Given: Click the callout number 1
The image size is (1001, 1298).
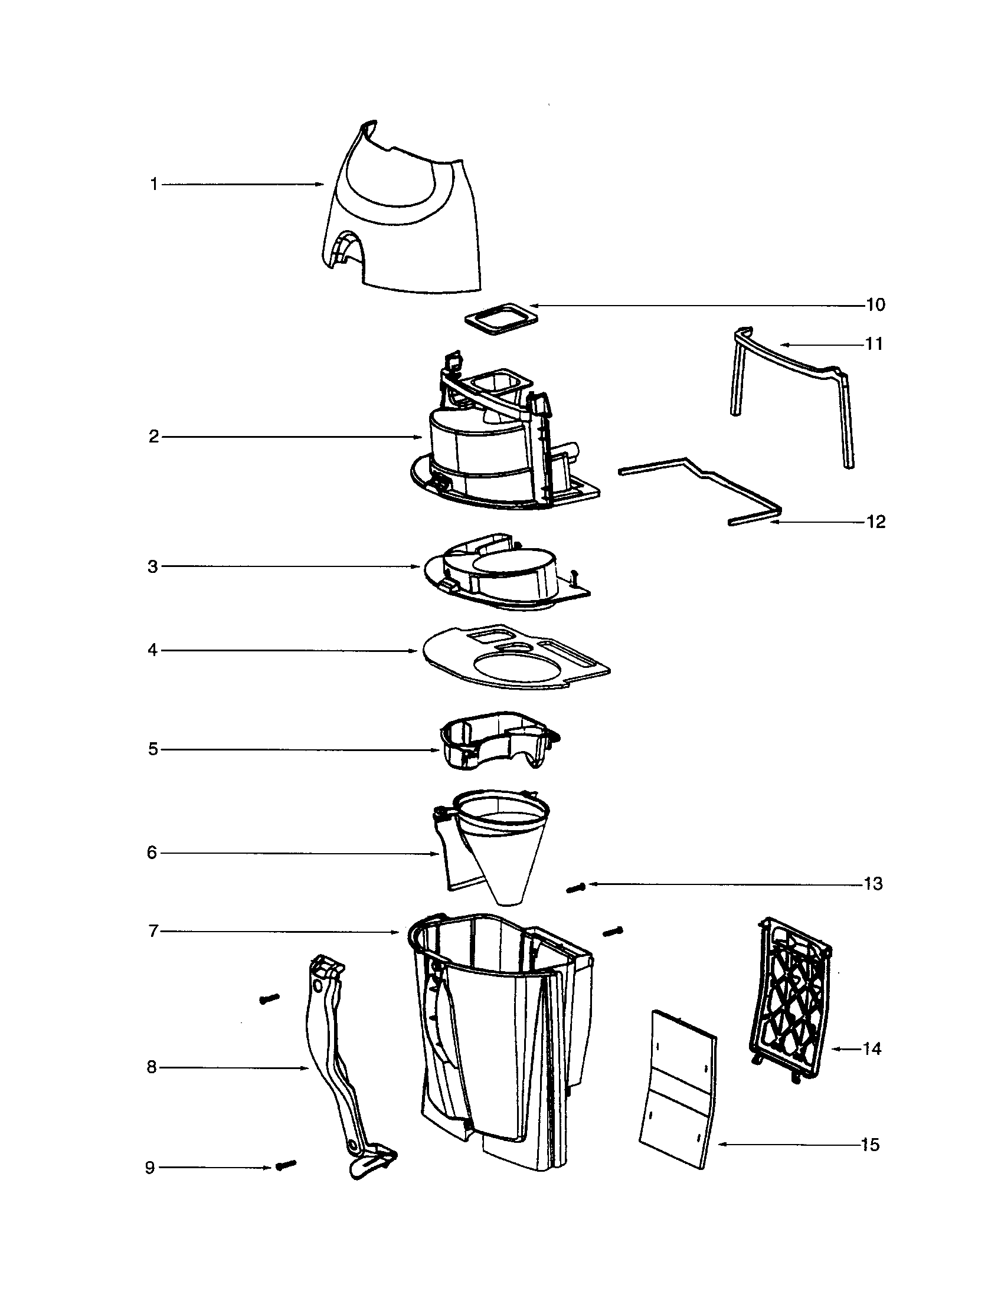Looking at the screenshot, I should click(153, 185).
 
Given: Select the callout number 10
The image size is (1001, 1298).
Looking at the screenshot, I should click(875, 305).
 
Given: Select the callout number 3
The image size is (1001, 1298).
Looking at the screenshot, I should click(153, 567).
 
